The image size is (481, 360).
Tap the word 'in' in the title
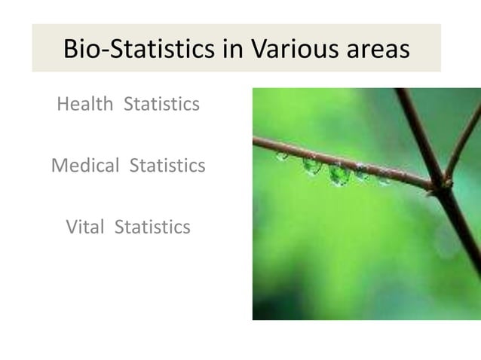[x=234, y=49]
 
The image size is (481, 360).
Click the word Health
[x=86, y=104]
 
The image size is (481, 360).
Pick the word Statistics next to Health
[x=161, y=104]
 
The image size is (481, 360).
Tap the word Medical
[x=85, y=165]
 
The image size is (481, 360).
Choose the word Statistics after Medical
[x=167, y=165]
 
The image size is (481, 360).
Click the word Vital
[x=85, y=227]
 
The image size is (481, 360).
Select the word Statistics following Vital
[x=152, y=227]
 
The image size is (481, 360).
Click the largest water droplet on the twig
[x=339, y=175]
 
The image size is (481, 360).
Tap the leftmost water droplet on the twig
[x=282, y=155]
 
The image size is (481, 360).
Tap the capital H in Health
[x=63, y=104]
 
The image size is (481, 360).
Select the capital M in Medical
[x=60, y=165]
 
